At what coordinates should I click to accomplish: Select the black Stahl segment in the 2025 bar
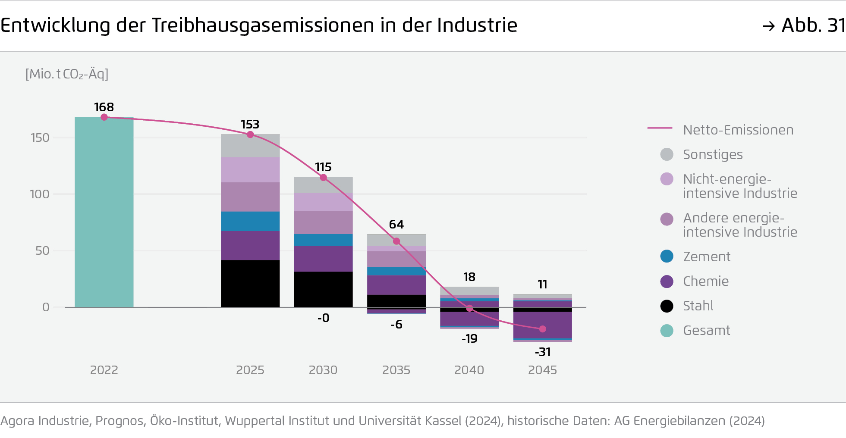tap(250, 283)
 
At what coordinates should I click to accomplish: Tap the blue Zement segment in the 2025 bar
tap(250, 221)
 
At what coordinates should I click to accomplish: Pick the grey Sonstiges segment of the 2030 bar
tap(323, 185)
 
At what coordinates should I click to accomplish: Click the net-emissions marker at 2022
tap(104, 117)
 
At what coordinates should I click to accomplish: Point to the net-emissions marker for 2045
tap(543, 329)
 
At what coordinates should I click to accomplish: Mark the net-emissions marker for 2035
tap(396, 241)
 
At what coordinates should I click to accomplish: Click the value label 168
tap(104, 107)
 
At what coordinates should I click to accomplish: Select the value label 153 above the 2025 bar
tap(250, 124)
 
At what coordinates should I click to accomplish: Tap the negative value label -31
tap(543, 352)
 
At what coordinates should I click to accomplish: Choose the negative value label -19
tap(469, 338)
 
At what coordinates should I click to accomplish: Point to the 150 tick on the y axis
tap(40, 138)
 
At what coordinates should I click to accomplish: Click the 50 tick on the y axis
tap(42, 250)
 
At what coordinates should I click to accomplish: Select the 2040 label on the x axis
tap(469, 370)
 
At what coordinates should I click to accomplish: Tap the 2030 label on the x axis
tap(323, 370)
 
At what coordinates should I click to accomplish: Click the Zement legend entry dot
tap(667, 257)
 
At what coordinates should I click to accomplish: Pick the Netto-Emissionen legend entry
tap(738, 130)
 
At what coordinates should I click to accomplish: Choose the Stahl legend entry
tap(698, 306)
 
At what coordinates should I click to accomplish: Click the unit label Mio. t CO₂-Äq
tap(67, 74)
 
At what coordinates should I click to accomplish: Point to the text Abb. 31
tap(813, 25)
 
